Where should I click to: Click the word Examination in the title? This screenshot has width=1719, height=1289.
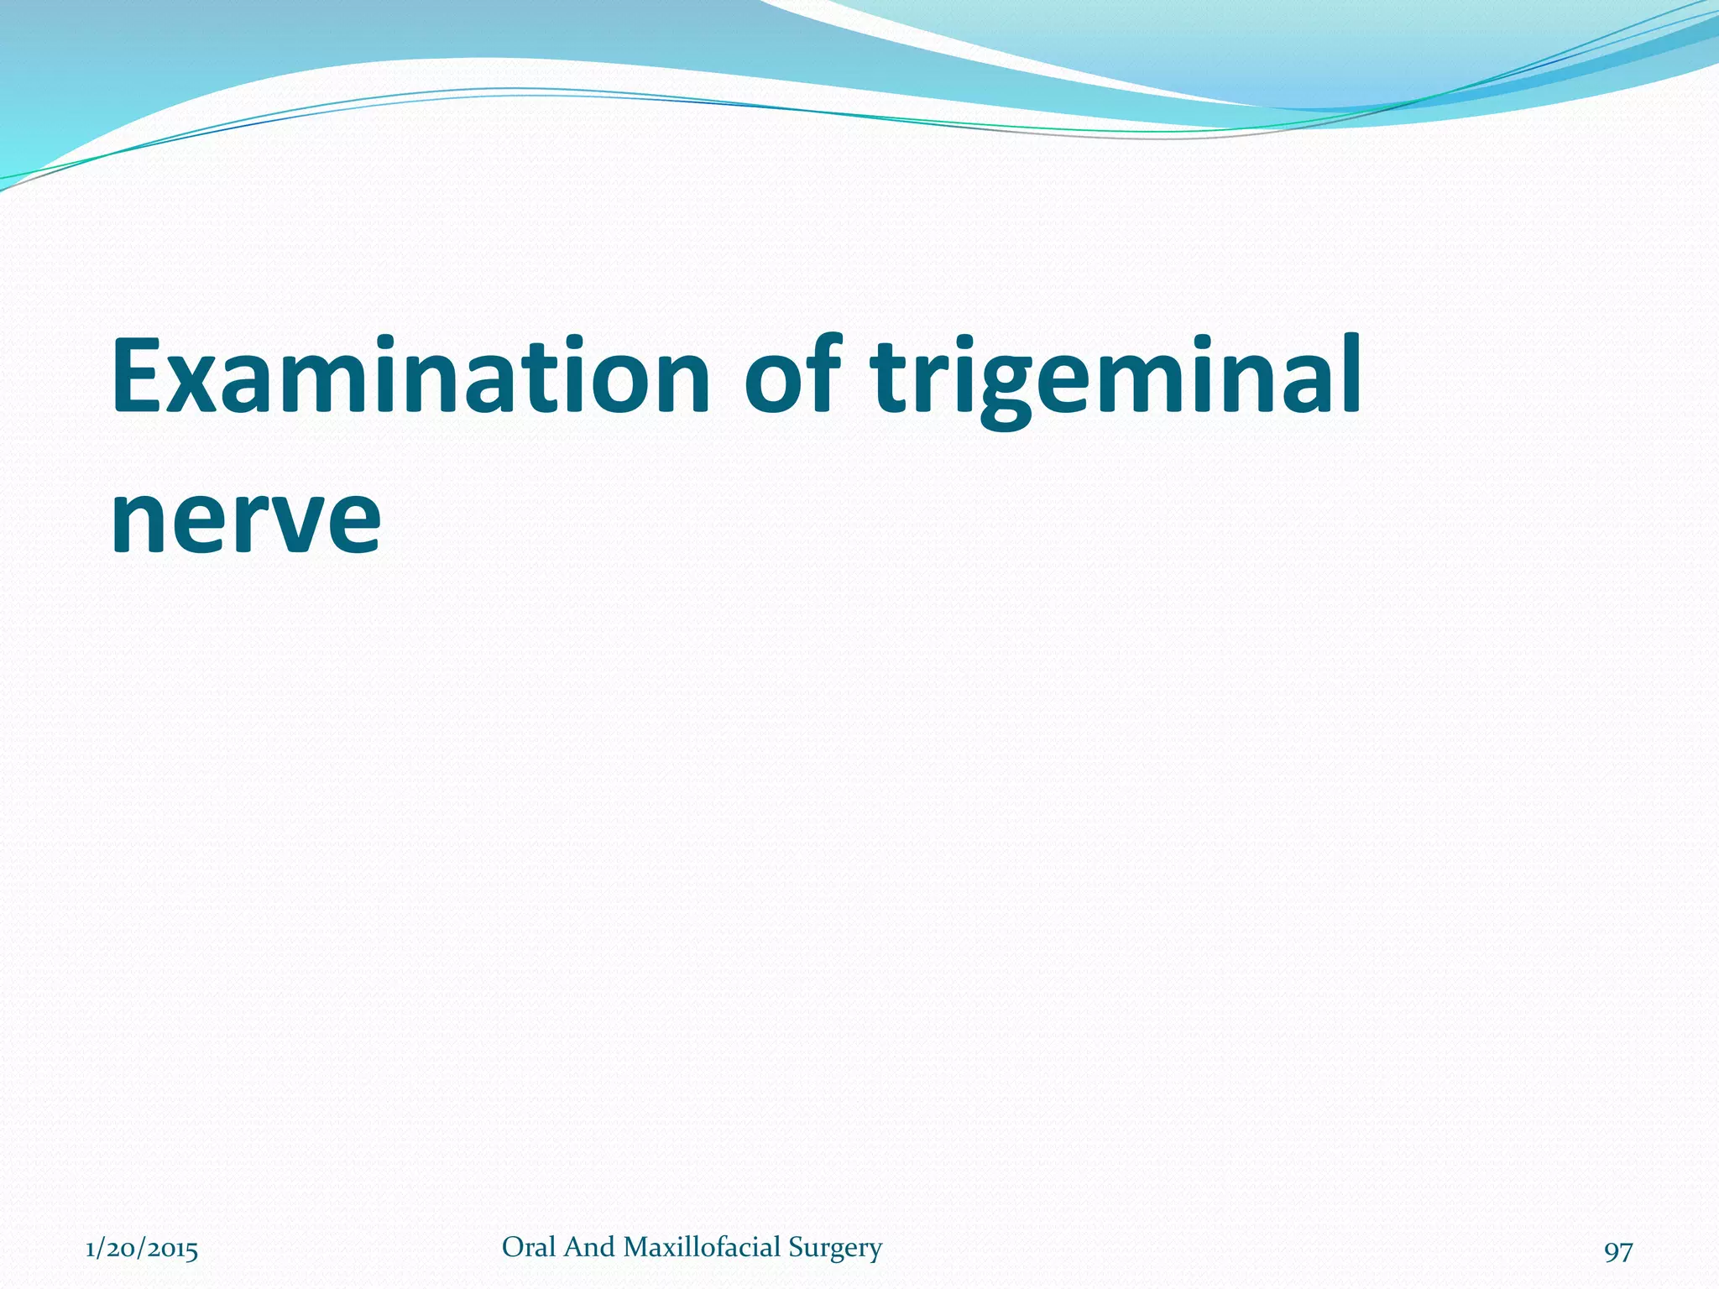click(411, 376)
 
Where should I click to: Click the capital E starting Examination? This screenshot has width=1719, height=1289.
click(139, 376)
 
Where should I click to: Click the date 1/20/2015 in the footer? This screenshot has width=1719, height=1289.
click(142, 1250)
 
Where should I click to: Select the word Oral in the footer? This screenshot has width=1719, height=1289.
click(529, 1247)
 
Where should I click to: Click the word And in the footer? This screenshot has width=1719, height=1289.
click(589, 1247)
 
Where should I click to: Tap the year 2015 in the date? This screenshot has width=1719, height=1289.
click(173, 1250)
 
